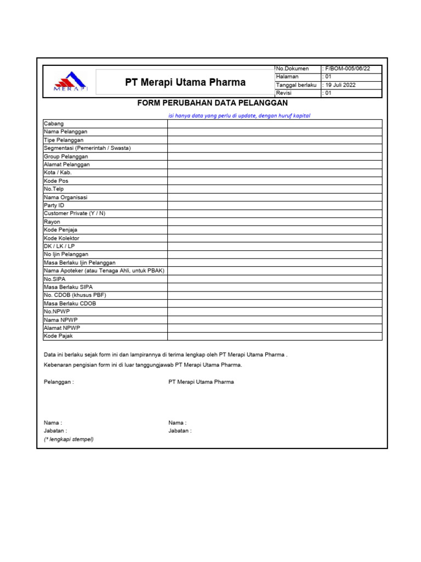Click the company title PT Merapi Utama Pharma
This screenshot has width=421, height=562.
coord(185,83)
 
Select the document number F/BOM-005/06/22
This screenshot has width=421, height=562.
coord(347,69)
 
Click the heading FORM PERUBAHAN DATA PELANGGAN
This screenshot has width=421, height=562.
coord(212,103)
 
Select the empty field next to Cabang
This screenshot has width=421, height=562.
coord(275,123)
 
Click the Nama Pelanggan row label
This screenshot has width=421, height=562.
coord(65,132)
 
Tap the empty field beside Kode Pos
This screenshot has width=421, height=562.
coord(275,181)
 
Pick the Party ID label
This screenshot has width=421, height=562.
coord(54,205)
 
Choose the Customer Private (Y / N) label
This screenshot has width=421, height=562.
coord(74,213)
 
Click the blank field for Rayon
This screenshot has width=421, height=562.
coord(275,222)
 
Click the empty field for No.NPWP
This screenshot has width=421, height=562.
coord(275,311)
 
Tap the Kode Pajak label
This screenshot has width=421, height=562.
coord(58,336)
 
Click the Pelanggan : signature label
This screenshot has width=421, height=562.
coord(59,382)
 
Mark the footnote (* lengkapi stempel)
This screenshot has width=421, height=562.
coord(69,439)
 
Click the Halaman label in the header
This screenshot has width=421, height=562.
coord(287,77)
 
